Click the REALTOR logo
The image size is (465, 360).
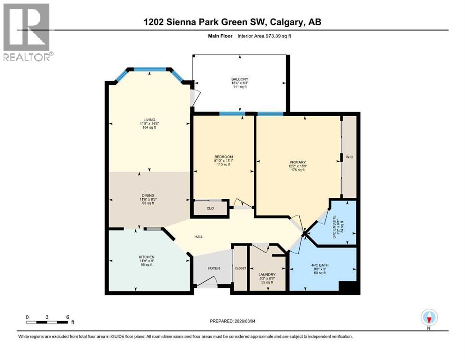(x=27, y=31)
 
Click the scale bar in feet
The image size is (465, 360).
(x=47, y=322)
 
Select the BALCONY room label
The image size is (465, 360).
(x=239, y=79)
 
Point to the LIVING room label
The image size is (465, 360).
(x=149, y=120)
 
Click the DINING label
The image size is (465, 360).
(x=149, y=195)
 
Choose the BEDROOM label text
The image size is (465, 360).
(x=224, y=157)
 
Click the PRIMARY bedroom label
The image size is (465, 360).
(x=297, y=162)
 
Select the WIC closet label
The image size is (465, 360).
(x=349, y=157)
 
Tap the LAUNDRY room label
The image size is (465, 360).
(x=266, y=275)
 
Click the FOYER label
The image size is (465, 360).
(x=214, y=268)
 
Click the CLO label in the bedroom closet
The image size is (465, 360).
(x=210, y=208)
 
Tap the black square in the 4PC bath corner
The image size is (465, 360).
(x=348, y=287)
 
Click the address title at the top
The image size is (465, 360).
(x=232, y=22)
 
